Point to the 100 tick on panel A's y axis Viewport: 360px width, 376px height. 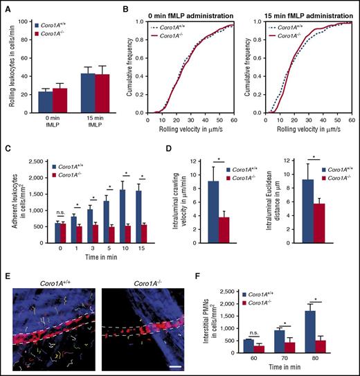coord(28,21)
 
